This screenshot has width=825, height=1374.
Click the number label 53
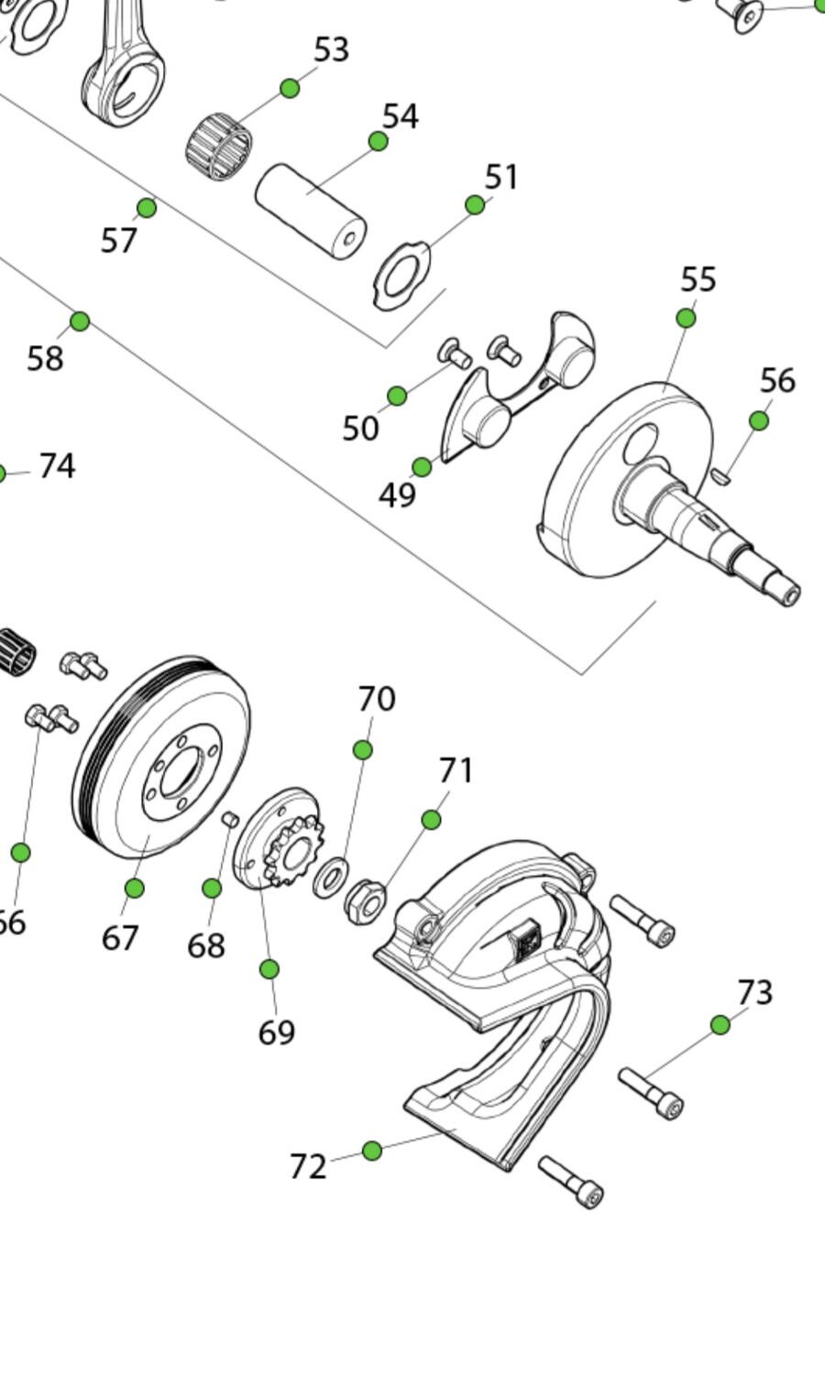point(331,50)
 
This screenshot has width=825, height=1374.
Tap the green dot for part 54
point(378,141)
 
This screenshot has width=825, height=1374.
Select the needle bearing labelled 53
point(219,146)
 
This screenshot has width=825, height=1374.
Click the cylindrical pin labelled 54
point(311,211)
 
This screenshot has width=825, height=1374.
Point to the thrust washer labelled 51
point(402,274)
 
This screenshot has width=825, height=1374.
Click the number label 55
point(698,279)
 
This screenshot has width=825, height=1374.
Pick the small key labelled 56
point(720,475)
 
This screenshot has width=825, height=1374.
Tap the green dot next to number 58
point(80,322)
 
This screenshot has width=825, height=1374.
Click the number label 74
point(57,466)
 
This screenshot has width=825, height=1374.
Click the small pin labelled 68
point(230,818)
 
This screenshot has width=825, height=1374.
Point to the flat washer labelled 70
point(330,878)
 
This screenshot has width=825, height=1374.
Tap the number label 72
point(308,1167)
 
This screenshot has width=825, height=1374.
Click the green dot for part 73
point(720,1025)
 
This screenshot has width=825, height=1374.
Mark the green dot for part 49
point(422,467)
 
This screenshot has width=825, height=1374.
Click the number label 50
point(360,428)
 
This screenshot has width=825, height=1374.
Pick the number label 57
point(119,241)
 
